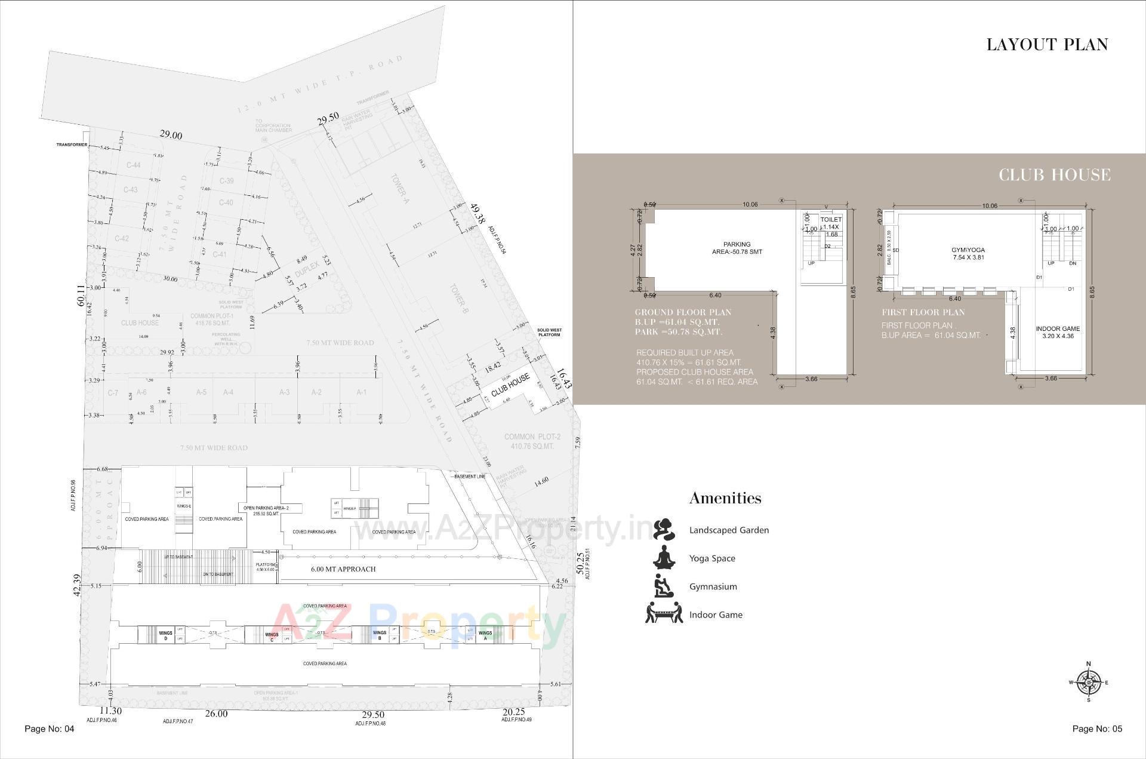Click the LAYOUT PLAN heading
1047,45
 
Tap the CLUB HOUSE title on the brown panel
1055,175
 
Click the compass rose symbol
1089,682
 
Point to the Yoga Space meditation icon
663,558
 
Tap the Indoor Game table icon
664,614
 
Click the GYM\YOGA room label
968,250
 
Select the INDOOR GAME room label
1057,328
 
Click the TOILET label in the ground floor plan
830,220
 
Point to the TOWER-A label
399,189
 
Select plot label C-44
133,165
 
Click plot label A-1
361,392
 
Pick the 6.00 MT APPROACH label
343,569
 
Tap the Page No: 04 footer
49,729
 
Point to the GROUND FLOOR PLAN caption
682,312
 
